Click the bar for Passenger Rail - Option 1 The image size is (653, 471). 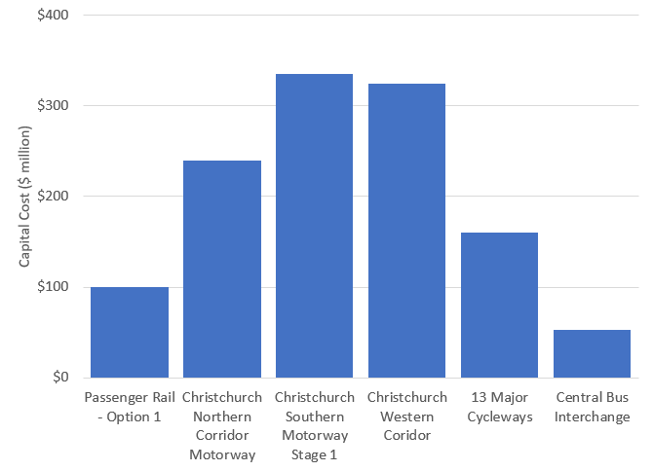130,332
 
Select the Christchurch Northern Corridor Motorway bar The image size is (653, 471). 222,269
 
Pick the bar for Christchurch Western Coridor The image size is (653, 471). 406,231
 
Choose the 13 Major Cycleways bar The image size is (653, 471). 499,305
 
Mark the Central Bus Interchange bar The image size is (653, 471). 592,353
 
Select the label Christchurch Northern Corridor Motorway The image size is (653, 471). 222,425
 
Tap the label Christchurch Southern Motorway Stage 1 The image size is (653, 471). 314,425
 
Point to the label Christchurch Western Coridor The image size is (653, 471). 406,416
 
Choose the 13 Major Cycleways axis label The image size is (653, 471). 499,407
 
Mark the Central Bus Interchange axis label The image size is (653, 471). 592,407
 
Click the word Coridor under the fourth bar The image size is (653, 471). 406,435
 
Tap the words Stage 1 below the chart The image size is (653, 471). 314,453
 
